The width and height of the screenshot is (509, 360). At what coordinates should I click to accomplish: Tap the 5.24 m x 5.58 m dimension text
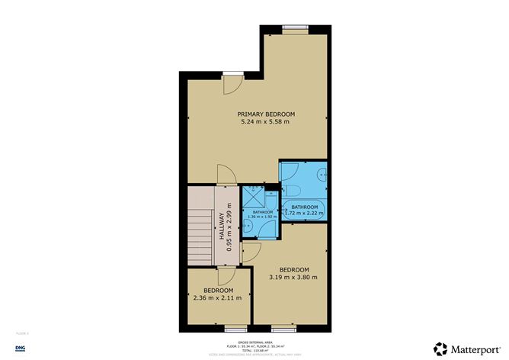point(266,122)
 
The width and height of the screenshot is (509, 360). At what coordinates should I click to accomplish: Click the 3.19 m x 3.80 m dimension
point(293,278)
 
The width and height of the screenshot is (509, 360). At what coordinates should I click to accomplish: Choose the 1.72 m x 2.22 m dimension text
point(304,214)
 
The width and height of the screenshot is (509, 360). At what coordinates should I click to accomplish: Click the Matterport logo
point(464,347)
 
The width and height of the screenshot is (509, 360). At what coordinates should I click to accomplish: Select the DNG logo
point(20,347)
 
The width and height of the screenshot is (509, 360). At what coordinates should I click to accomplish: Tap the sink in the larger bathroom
point(323,174)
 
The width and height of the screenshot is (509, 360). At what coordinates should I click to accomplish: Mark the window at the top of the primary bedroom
point(293,28)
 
